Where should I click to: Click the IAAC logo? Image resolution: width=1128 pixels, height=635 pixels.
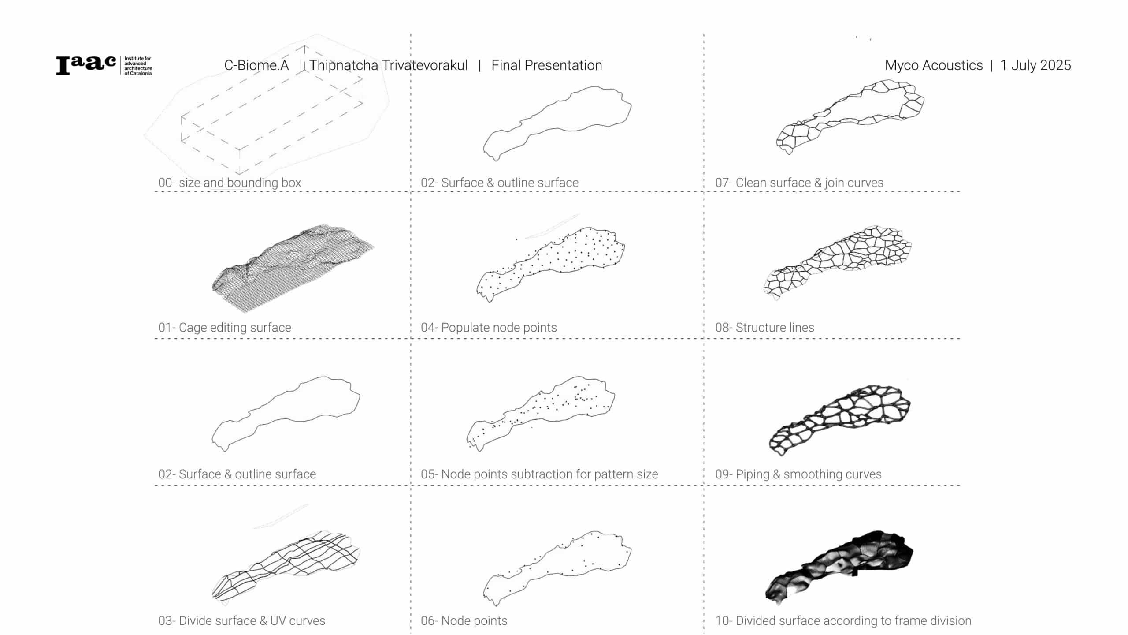(x=104, y=66)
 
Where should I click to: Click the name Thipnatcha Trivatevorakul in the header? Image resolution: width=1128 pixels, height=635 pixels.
(x=388, y=65)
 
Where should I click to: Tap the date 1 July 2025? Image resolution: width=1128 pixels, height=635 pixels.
(x=1035, y=65)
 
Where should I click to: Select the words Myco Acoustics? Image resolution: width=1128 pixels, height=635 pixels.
(x=934, y=65)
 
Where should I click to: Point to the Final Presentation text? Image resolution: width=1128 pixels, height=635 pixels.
(x=546, y=65)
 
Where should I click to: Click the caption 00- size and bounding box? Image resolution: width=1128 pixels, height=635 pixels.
(x=230, y=183)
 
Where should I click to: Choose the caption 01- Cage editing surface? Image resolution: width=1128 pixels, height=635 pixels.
(x=225, y=327)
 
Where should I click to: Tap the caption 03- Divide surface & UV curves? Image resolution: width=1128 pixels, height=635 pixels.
(x=241, y=620)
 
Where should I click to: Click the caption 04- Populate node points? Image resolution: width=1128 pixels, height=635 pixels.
(x=489, y=327)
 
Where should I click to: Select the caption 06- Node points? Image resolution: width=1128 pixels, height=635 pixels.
(x=464, y=620)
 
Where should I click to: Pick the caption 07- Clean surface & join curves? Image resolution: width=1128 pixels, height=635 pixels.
(x=799, y=183)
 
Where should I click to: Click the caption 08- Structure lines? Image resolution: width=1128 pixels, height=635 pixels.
(x=764, y=327)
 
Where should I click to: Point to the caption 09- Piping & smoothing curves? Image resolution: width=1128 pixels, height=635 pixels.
(x=798, y=474)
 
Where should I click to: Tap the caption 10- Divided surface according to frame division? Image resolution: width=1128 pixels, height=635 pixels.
(x=843, y=620)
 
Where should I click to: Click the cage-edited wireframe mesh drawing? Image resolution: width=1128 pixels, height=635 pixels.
(x=293, y=268)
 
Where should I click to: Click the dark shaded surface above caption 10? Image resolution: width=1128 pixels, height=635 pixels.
(x=839, y=567)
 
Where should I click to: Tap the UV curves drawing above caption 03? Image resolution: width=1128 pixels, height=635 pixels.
(x=286, y=567)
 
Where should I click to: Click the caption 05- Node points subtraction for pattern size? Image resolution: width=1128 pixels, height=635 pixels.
(x=539, y=474)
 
